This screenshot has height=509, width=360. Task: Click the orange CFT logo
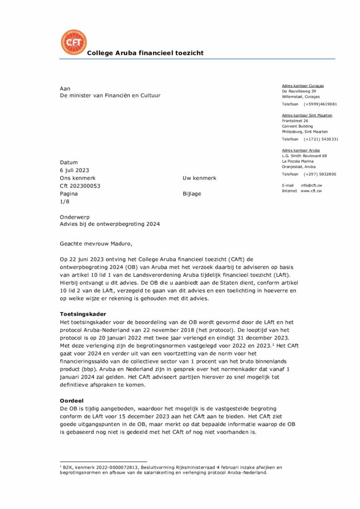click(x=73, y=42)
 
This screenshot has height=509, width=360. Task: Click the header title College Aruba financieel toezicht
click(x=145, y=53)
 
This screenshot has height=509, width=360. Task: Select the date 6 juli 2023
click(x=75, y=170)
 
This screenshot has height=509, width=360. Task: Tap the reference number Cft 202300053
click(x=80, y=186)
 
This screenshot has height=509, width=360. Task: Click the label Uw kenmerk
click(x=199, y=178)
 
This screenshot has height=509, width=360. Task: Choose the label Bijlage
click(x=192, y=194)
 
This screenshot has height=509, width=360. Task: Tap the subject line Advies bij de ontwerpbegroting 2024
click(x=109, y=224)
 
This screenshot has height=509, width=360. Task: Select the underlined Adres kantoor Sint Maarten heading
click(x=307, y=115)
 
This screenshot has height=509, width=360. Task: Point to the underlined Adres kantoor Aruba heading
click(x=301, y=150)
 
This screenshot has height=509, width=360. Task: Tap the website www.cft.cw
click(x=311, y=191)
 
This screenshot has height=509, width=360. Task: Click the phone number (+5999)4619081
click(x=320, y=104)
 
